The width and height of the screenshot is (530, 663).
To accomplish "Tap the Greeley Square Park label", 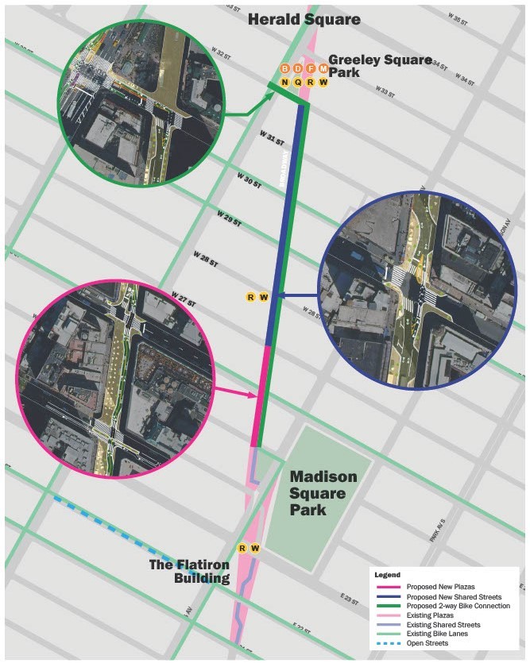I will point(379,66).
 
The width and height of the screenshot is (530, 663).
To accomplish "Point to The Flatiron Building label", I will point(190,571).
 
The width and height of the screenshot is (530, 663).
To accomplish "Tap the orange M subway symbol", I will point(323,69).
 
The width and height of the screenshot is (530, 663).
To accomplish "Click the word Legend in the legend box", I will point(388,574).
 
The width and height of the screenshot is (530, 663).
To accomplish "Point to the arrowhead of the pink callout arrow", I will point(256,395).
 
